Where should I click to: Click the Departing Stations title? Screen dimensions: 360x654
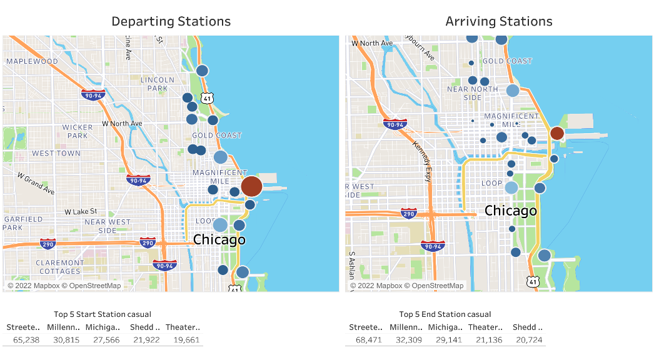171,21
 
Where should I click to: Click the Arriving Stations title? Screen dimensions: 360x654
498,21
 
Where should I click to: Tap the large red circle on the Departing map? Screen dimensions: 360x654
251,186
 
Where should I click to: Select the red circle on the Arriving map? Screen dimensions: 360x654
556,133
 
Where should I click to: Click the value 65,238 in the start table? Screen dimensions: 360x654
23,340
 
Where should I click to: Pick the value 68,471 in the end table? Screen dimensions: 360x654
365,340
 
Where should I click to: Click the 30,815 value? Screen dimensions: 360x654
64,340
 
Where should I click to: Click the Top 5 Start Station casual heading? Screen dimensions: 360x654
103,314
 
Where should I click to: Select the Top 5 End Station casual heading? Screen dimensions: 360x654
445,314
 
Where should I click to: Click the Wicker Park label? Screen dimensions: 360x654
78,131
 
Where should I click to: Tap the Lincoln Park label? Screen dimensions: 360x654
158,84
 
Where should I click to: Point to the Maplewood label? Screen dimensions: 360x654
32,61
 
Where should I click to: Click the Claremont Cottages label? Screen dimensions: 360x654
59,267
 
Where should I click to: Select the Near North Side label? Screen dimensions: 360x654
473,93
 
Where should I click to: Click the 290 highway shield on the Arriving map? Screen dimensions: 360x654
409,213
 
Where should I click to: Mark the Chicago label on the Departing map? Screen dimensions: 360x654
219,239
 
